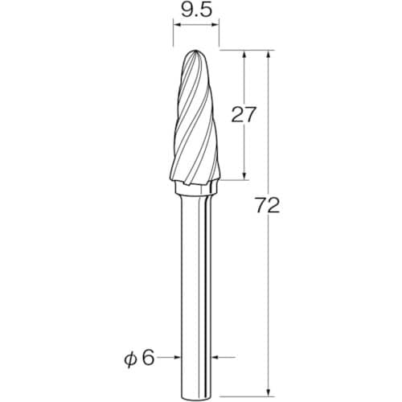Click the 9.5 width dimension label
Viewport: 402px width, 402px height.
(196, 10)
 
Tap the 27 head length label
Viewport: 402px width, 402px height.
(244, 114)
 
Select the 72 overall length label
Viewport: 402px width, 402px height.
(268, 205)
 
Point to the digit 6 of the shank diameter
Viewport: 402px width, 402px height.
(148, 358)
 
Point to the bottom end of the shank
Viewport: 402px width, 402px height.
(196, 396)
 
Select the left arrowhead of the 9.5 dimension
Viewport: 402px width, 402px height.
(177, 25)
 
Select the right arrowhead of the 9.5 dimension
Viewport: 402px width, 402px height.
(215, 25)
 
